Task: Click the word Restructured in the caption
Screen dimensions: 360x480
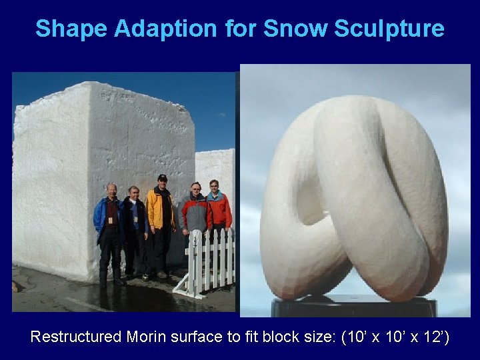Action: (76, 337)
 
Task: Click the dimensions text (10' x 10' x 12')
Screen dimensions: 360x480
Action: (395, 337)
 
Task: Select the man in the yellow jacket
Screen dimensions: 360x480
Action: (161, 220)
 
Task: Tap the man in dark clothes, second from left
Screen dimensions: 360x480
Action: (135, 230)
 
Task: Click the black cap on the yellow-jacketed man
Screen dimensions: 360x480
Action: (162, 177)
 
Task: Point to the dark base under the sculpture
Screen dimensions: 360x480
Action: (353, 307)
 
